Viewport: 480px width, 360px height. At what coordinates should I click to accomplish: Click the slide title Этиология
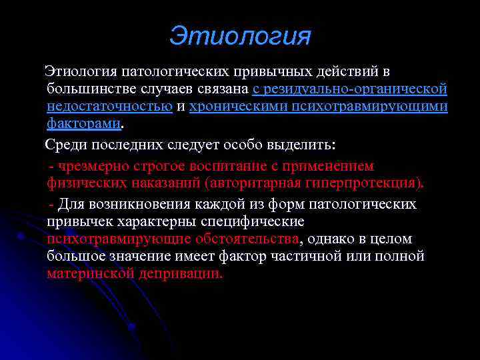(240, 35)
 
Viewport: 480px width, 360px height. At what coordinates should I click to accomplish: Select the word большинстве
(89, 89)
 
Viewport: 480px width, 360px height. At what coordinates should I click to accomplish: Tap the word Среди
(66, 145)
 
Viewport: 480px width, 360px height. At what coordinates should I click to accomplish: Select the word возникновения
(137, 203)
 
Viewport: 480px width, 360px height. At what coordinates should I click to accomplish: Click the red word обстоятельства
(247, 239)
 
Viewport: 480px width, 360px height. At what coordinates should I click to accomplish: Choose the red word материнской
(90, 273)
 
